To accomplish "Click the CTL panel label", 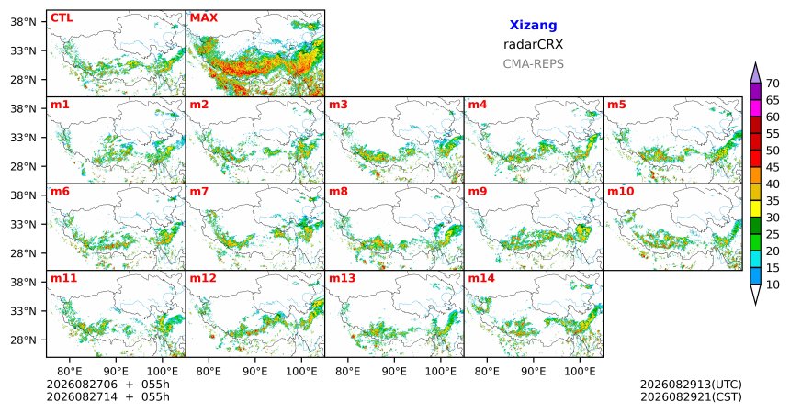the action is [62, 18].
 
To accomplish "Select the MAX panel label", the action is [204, 18].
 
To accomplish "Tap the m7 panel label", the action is [199, 192].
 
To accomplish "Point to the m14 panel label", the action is [481, 278].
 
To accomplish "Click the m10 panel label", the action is [620, 192].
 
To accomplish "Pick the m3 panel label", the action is [339, 106].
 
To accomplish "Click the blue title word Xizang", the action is [533, 25].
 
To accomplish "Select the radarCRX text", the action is [533, 44].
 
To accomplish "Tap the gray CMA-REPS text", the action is [533, 64].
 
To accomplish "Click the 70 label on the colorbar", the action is [773, 84].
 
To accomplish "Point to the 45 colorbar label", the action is [773, 167].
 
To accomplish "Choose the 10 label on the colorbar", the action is [773, 285].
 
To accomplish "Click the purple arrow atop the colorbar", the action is [755, 74].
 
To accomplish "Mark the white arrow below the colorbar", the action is [755, 293].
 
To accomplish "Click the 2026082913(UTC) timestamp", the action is [691, 385].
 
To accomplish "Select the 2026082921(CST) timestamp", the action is [691, 397].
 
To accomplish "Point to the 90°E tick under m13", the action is [394, 372].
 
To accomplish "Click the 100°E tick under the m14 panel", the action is [580, 372].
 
